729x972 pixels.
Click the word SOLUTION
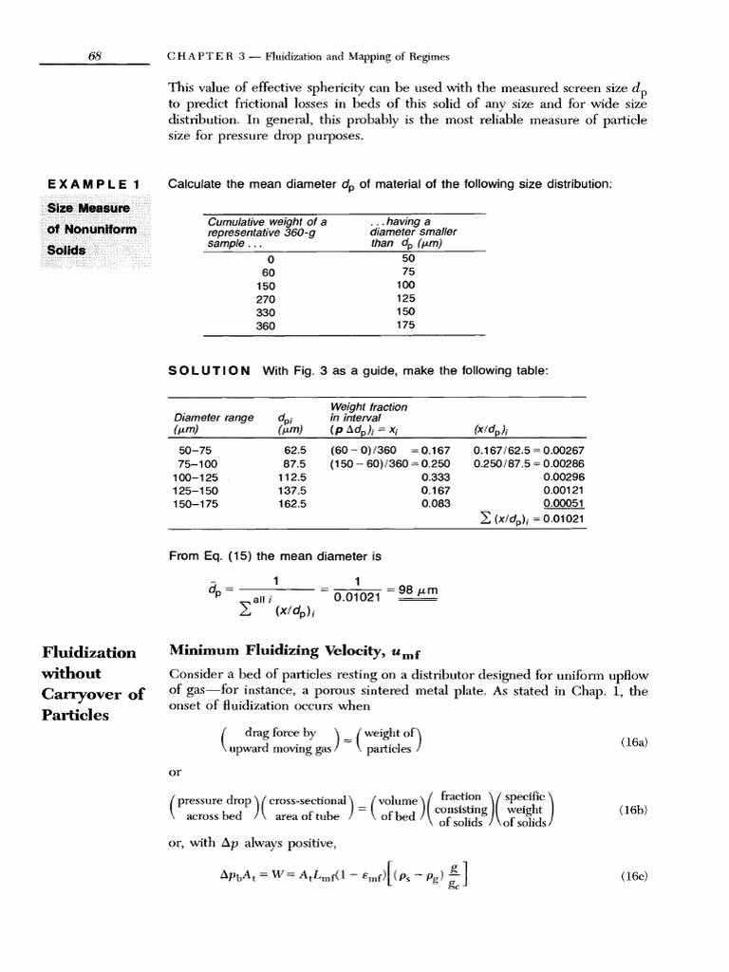click(x=209, y=369)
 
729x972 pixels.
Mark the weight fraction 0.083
click(x=435, y=505)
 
